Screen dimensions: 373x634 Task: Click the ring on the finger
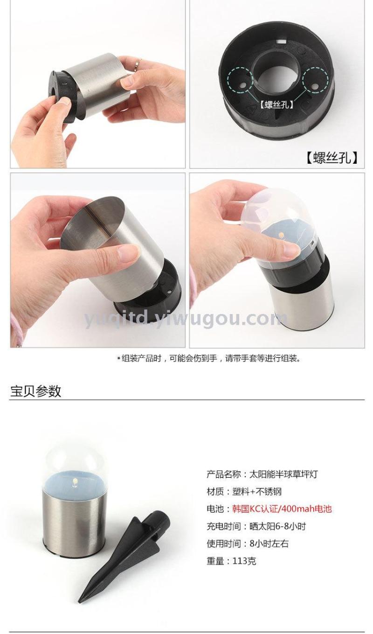pos(138,63)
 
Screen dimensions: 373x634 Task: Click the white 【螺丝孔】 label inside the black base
pos(276,105)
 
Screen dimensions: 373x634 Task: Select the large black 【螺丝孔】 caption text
pos(332,157)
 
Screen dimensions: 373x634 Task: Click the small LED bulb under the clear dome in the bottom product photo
pos(75,482)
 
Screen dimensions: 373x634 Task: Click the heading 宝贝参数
pos(35,391)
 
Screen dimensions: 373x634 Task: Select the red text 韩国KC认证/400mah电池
pos(282,509)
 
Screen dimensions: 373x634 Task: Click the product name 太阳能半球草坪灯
pos(283,474)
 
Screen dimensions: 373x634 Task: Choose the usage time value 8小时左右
pos(269,543)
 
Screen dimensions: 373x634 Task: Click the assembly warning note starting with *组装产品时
pos(208,359)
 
